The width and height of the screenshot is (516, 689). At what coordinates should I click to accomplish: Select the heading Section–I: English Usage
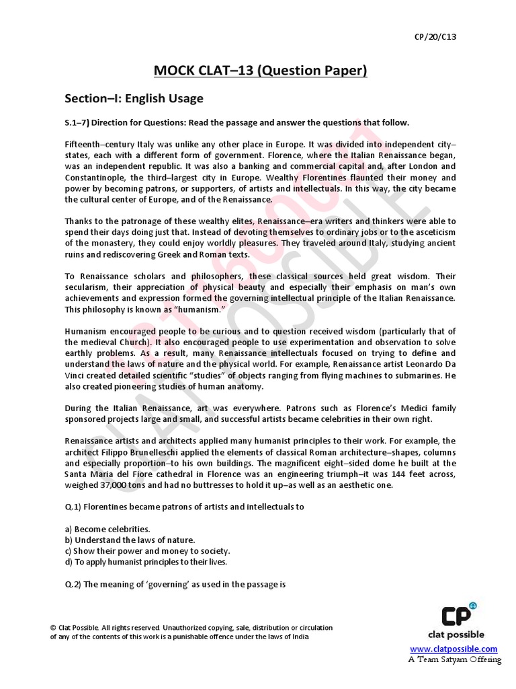tap(134, 98)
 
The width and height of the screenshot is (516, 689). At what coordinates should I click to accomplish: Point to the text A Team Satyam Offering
tap(455, 659)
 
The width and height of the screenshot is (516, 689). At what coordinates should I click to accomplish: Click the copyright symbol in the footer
tap(54, 628)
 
